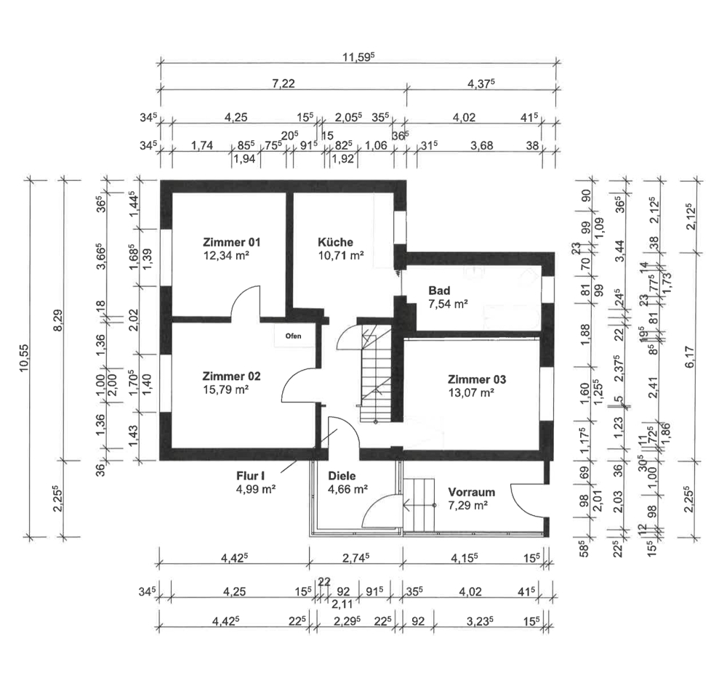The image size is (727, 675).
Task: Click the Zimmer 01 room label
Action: coord(231,242)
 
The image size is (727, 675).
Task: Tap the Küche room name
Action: coord(335,242)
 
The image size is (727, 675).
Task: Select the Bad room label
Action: coord(439,291)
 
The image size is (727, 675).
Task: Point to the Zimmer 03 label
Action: coord(477,380)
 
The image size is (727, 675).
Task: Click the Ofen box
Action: coord(293,336)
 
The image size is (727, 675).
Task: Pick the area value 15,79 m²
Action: coord(226,389)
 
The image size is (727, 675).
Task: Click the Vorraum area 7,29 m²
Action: coord(467,505)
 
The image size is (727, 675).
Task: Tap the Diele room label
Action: coord(342,476)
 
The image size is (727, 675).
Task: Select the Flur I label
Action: coord(250,476)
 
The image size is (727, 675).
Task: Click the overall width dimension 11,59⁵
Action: coord(358,57)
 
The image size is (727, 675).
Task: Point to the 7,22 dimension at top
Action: coord(284,84)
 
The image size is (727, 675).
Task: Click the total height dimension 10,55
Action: coord(25,357)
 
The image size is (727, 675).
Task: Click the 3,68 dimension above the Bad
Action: coord(482,146)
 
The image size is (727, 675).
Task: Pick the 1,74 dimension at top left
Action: coord(201,146)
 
